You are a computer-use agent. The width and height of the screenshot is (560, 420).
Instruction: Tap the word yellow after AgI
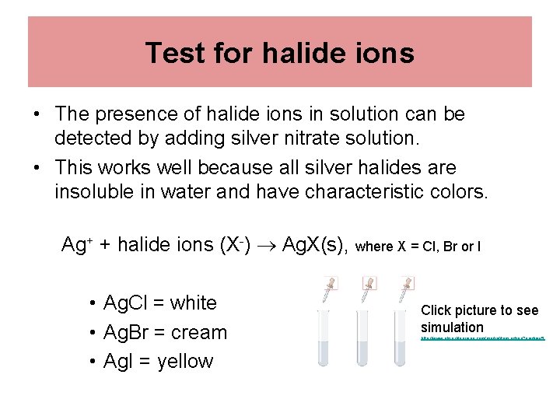(x=184, y=361)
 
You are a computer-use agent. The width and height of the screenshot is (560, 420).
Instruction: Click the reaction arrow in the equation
(x=266, y=246)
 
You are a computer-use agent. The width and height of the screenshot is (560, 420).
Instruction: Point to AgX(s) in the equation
(x=314, y=245)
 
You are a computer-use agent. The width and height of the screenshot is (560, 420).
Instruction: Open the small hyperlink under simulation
(x=482, y=339)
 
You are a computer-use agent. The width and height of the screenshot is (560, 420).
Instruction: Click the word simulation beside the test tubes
(x=452, y=327)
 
